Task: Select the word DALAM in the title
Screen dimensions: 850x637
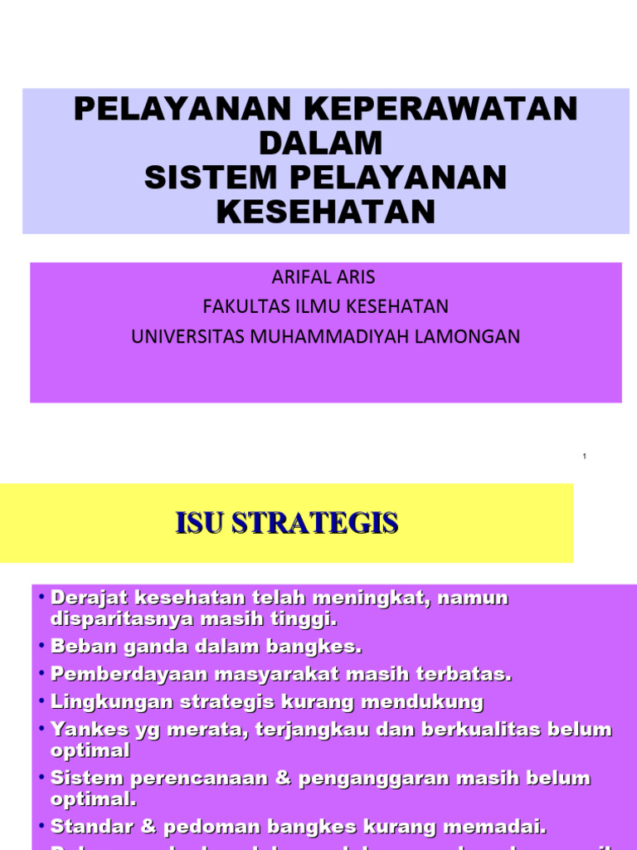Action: coord(321,144)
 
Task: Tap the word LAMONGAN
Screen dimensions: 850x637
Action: coord(476,336)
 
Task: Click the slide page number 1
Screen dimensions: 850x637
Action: coord(585,457)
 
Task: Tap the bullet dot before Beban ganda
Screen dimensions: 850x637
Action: coord(41,646)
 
